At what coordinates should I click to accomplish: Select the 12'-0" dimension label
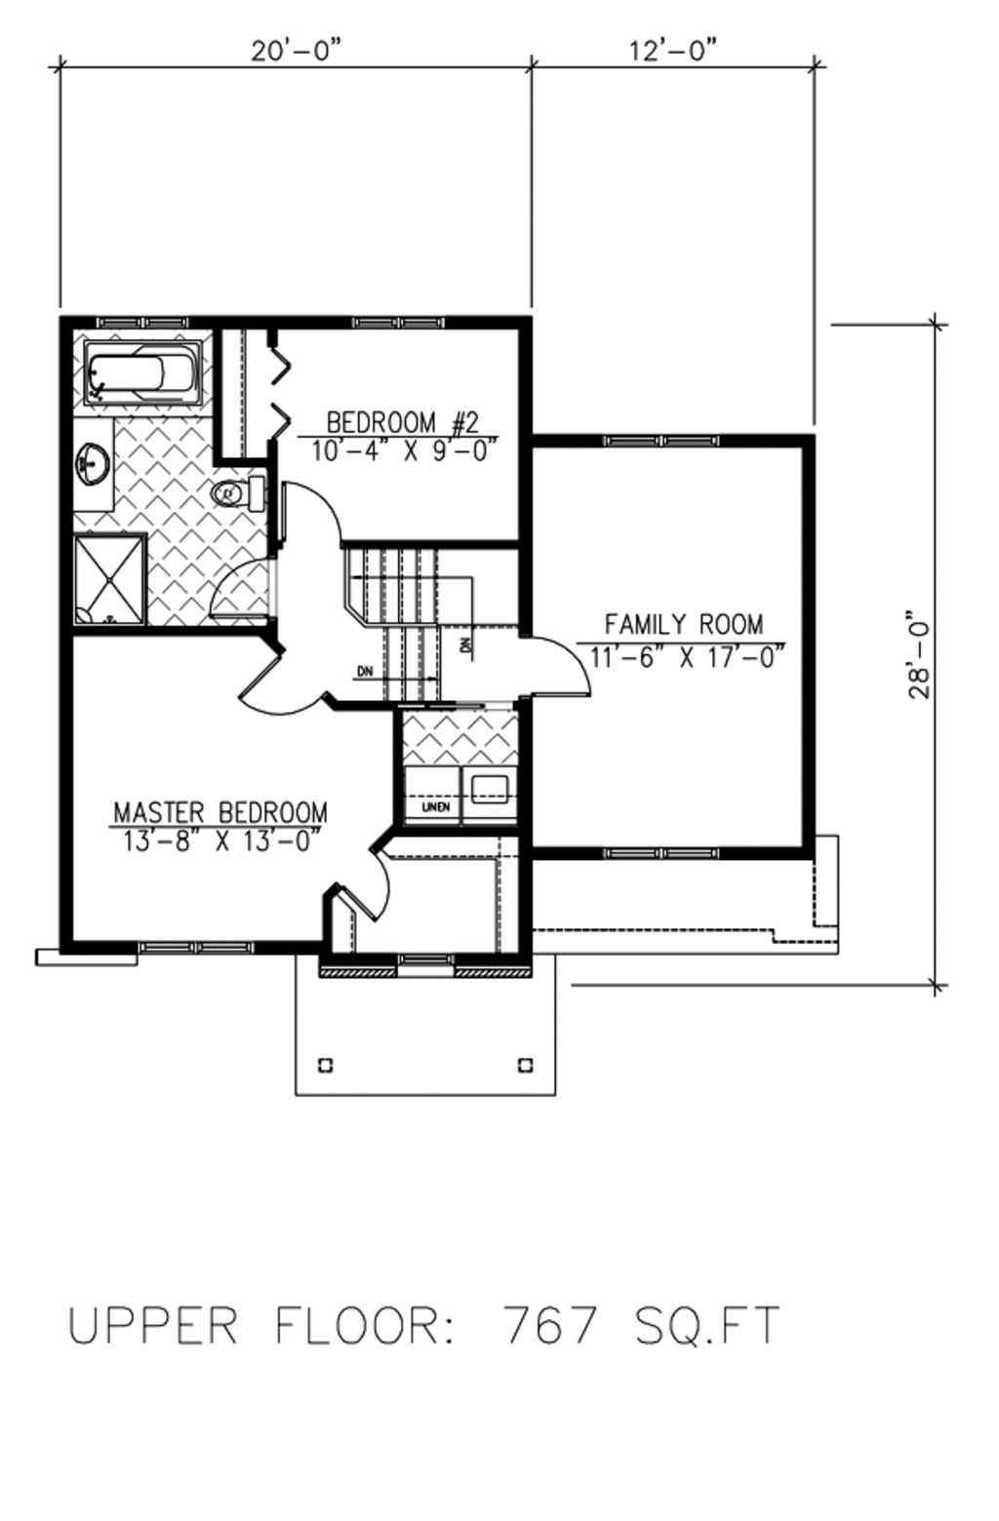[x=673, y=51]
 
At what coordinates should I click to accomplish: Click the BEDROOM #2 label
[x=402, y=422]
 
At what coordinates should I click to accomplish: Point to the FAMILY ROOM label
[x=683, y=624]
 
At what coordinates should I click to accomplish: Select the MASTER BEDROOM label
[x=220, y=812]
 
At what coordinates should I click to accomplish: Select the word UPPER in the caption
[x=153, y=1326]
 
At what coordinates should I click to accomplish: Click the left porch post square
[x=326, y=1064]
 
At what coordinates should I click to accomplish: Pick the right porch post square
[x=526, y=1064]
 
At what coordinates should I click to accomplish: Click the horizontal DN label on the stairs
[x=365, y=671]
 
